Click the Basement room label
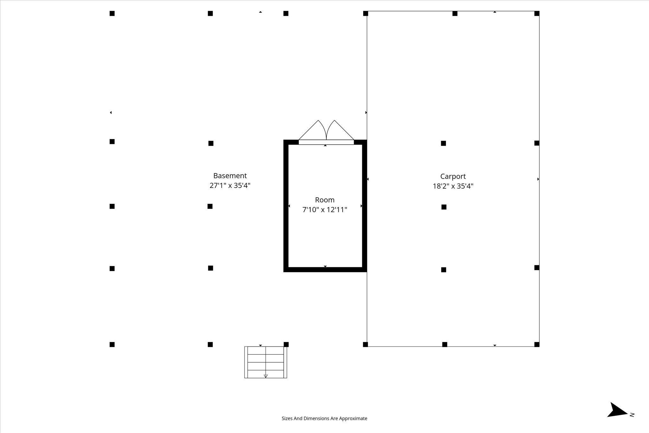(x=230, y=176)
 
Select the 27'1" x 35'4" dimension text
(x=230, y=185)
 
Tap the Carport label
(x=453, y=177)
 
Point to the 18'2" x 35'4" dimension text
(x=453, y=186)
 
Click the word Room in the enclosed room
(x=324, y=200)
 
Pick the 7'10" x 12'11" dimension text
(x=324, y=210)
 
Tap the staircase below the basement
(x=266, y=362)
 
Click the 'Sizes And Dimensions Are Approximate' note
(x=324, y=418)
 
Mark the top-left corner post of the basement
(x=112, y=13)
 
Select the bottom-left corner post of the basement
(x=112, y=344)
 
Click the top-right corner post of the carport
(x=537, y=13)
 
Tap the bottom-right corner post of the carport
(x=537, y=344)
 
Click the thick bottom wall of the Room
(x=325, y=270)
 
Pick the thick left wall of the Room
(x=286, y=206)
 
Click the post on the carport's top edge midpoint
(x=455, y=13)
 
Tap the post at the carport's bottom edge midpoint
(x=445, y=344)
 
